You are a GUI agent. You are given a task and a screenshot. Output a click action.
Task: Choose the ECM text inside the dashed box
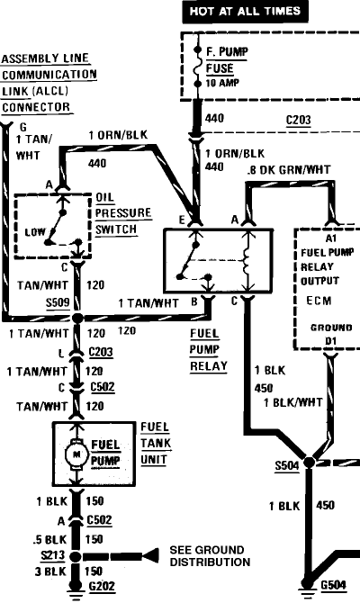click(x=319, y=299)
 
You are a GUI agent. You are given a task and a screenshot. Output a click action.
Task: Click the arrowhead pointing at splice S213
click(x=133, y=556)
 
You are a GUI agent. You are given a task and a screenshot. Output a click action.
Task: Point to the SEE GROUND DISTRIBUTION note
click(x=209, y=556)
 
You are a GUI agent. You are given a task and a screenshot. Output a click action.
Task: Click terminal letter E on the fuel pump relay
click(x=183, y=219)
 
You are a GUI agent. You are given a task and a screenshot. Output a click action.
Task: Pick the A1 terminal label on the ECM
click(x=329, y=238)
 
